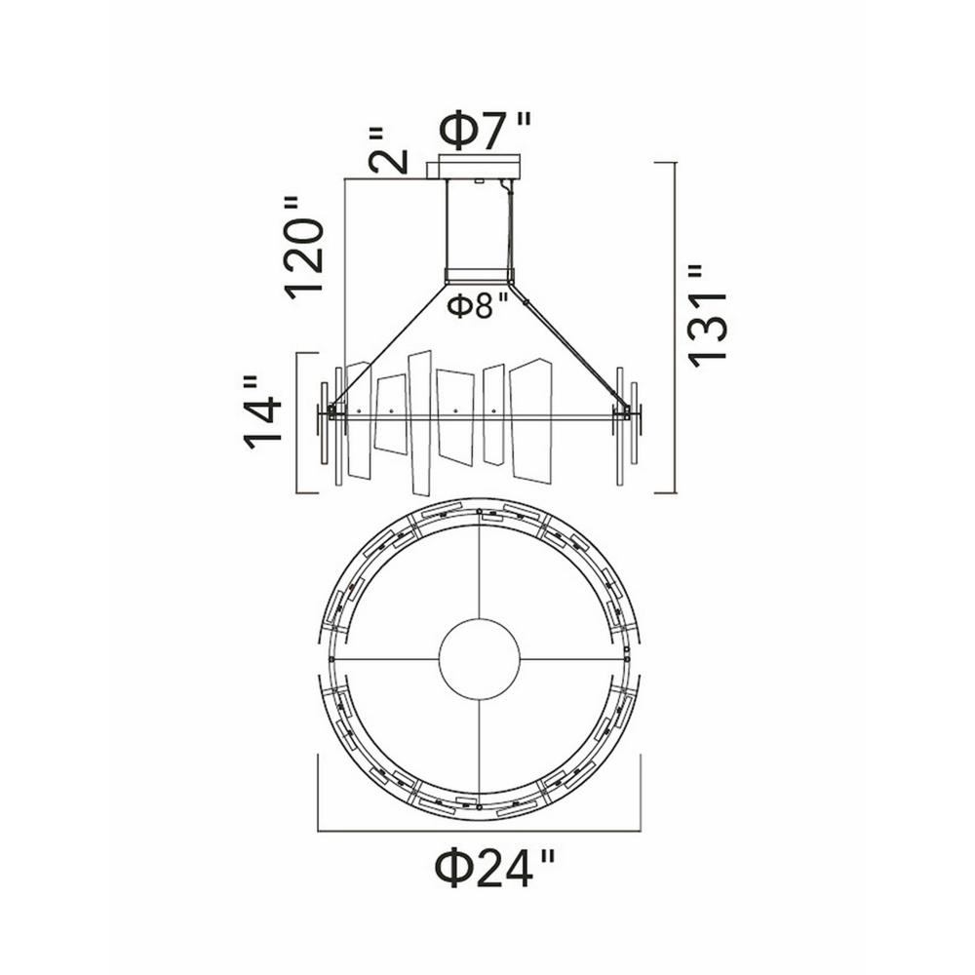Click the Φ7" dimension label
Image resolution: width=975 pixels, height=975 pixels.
(x=485, y=131)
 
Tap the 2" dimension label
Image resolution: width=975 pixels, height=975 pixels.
(x=387, y=150)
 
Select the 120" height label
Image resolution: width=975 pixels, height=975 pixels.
(x=304, y=247)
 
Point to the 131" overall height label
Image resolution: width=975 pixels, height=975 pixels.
(x=707, y=315)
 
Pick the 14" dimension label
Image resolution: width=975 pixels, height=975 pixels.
(x=263, y=412)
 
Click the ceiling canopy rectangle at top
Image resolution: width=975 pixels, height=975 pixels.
(x=479, y=167)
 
